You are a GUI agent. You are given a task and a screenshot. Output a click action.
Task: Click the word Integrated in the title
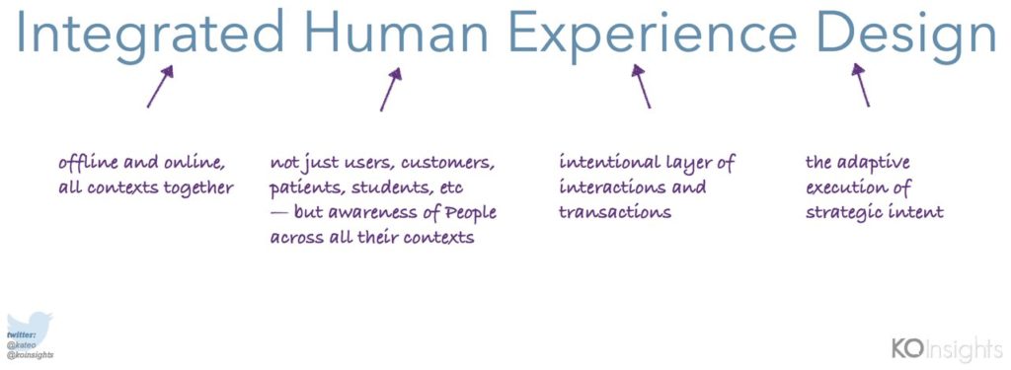pyautogui.click(x=150, y=33)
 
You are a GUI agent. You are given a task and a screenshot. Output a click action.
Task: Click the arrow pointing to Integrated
pyautogui.click(x=160, y=87)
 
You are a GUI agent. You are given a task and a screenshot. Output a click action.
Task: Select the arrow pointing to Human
pyautogui.click(x=391, y=89)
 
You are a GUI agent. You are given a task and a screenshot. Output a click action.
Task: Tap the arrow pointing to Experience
pyautogui.click(x=641, y=87)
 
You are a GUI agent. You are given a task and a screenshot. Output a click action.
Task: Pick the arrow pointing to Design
pyautogui.click(x=861, y=85)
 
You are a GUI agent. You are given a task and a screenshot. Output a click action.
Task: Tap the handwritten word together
pyautogui.click(x=201, y=187)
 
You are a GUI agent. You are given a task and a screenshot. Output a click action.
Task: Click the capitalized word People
pyautogui.click(x=473, y=213)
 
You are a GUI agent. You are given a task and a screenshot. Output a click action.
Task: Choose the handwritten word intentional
pyautogui.click(x=602, y=162)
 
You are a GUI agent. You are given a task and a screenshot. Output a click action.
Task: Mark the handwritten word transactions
pyautogui.click(x=615, y=212)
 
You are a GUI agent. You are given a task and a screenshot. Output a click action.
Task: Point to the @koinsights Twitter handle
pyautogui.click(x=31, y=355)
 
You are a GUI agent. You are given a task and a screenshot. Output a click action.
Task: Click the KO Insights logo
pyautogui.click(x=947, y=348)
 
